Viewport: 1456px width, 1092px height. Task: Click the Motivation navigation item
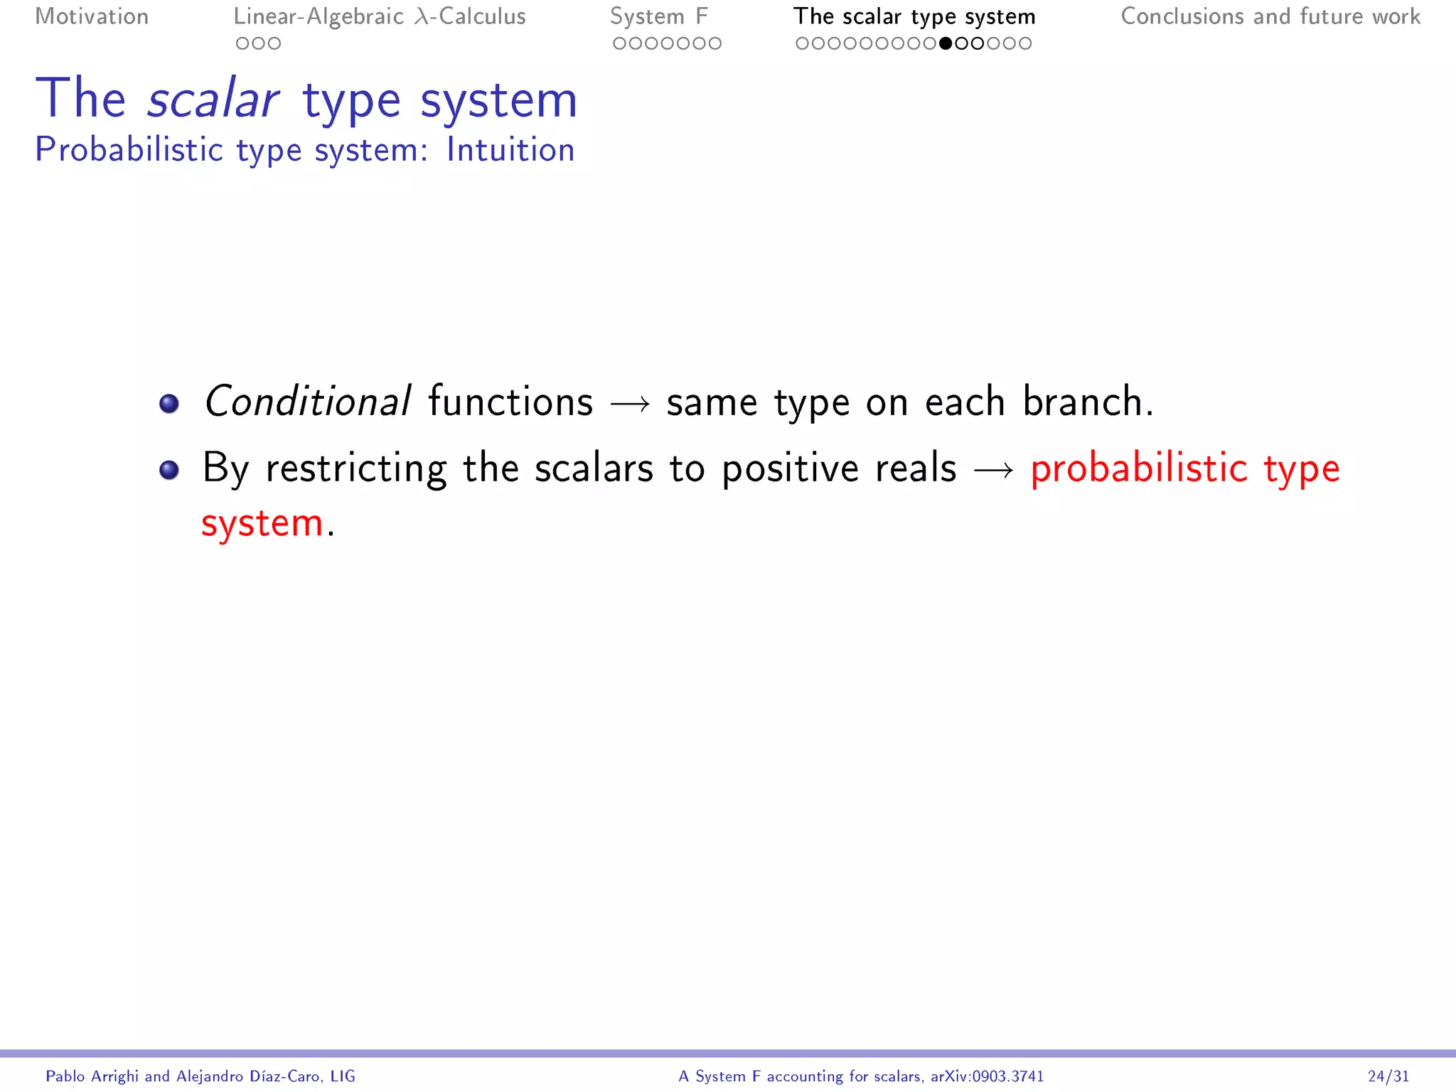[92, 16]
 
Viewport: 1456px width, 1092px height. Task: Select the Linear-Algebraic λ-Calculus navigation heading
[380, 16]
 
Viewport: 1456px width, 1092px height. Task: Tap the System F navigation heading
[658, 16]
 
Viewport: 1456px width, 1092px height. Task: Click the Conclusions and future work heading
[1270, 16]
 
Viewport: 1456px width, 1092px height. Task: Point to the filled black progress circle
[946, 43]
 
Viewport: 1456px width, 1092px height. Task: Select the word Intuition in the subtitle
[510, 150]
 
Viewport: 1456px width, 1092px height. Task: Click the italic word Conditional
[307, 402]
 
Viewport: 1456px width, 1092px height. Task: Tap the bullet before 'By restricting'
[169, 470]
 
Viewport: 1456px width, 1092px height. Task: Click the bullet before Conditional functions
[169, 404]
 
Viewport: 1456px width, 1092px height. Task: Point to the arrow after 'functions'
[630, 405]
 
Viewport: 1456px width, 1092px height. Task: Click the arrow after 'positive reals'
[994, 471]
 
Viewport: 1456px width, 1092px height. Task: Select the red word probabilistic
[1138, 469]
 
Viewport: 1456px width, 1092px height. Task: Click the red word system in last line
[262, 524]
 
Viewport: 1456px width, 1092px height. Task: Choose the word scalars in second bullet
[594, 469]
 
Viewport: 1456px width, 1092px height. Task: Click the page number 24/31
[1388, 1076]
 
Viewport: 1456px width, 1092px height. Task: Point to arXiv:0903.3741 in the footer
[987, 1076]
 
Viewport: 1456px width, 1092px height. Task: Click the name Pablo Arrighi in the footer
[92, 1076]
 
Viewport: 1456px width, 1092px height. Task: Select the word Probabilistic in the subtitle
[129, 150]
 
